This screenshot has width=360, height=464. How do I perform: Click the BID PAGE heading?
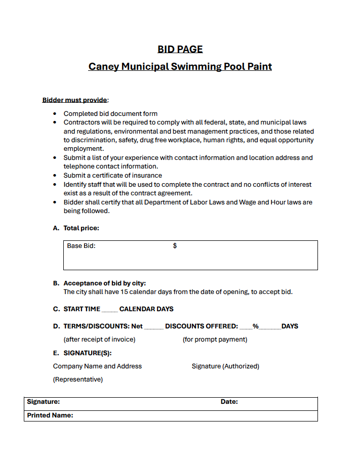coord(180,49)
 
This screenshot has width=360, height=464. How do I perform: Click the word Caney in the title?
coord(104,66)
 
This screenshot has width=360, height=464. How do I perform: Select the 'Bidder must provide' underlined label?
coord(74,100)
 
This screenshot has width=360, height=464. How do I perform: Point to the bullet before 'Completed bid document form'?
coord(55,114)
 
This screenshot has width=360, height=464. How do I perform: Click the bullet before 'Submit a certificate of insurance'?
coord(55,176)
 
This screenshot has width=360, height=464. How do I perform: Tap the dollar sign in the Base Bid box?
coord(175,246)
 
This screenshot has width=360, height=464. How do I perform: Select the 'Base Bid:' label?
coord(81,246)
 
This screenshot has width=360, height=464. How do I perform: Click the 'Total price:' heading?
coord(81,228)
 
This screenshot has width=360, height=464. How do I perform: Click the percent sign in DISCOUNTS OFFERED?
coord(256,326)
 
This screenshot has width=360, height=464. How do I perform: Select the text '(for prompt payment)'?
coord(215,340)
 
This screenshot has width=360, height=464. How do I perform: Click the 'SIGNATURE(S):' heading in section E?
coord(88,353)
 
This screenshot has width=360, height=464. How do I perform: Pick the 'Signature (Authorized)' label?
coord(225,366)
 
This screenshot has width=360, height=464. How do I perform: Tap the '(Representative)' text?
coord(77,379)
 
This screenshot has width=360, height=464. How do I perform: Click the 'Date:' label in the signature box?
coord(229,402)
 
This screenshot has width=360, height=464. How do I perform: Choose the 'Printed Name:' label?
coord(50,415)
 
